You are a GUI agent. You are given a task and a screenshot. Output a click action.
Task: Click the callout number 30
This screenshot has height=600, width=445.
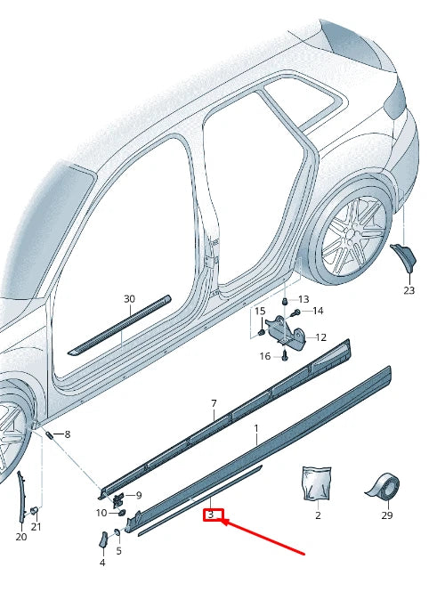click(x=129, y=299)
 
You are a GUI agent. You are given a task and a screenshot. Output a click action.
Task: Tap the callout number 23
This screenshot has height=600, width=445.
click(x=409, y=290)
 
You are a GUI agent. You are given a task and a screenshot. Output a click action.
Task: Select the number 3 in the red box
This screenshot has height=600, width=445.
click(x=211, y=515)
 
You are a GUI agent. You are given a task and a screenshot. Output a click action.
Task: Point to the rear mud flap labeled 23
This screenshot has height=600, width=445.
click(x=406, y=257)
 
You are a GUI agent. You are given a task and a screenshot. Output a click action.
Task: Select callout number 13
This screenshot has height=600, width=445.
click(x=303, y=299)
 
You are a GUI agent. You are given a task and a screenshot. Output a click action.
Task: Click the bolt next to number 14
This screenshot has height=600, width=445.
click(x=295, y=312)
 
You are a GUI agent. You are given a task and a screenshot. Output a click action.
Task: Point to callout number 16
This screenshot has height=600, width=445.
click(x=265, y=356)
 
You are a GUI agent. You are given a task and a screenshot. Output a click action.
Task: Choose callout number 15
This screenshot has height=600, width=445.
click(x=260, y=311)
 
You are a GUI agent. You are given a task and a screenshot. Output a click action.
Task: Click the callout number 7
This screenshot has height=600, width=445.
click(x=214, y=403)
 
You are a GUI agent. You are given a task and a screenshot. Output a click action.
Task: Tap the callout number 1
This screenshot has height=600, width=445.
click(x=256, y=428)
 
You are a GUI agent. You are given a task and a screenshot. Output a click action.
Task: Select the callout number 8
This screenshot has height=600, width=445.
click(x=67, y=434)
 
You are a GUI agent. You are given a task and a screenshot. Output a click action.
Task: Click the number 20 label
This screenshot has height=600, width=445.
click(x=21, y=537)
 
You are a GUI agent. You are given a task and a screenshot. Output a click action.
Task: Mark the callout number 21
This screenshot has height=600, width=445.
click(x=36, y=527)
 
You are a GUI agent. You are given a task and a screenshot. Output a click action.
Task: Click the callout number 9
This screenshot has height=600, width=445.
click(x=138, y=495)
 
